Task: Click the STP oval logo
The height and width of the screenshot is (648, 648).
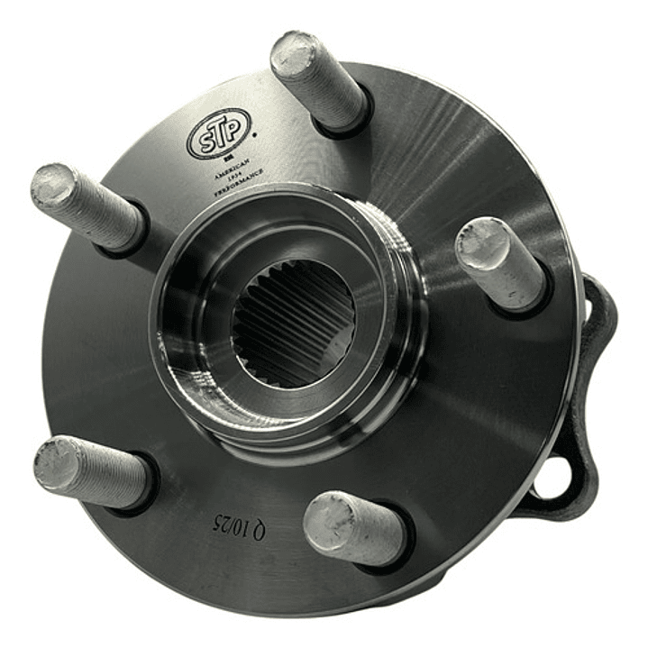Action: point(218,133)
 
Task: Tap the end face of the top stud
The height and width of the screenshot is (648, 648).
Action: point(296,53)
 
